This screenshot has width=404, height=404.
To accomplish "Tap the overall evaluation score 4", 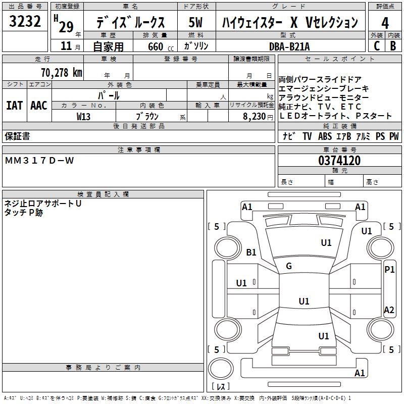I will [x=385, y=22].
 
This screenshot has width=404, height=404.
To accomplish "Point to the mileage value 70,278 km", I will [x=61, y=72].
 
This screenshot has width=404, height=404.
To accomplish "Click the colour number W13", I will [x=84, y=116].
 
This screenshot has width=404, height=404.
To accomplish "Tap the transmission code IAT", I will [x=14, y=105].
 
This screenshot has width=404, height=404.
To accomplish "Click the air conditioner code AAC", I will [x=39, y=105].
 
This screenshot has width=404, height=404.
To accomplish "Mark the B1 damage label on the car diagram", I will [x=251, y=252].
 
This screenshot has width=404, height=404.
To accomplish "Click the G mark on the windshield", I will [x=289, y=266].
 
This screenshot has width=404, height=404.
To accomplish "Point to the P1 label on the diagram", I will [x=389, y=270].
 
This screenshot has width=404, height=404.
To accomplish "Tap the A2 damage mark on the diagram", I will [x=389, y=310].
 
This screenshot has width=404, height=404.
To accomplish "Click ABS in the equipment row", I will [x=325, y=136].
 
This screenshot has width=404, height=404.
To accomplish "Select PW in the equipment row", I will [x=394, y=136].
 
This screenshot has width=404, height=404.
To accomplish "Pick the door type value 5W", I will [x=196, y=22].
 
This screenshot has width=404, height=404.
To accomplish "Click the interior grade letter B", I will [x=393, y=46].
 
